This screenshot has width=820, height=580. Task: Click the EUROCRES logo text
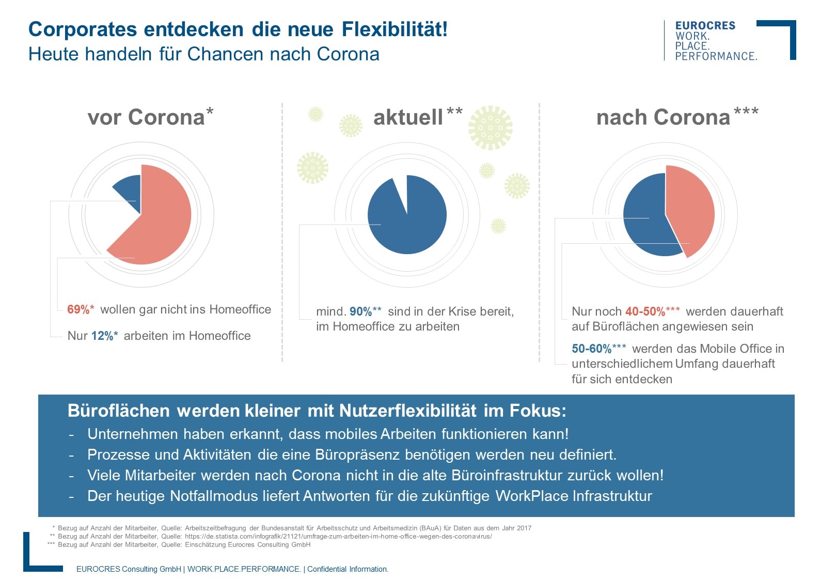pyautogui.click(x=705, y=26)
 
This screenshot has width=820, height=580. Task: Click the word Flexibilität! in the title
pyautogui.click(x=395, y=29)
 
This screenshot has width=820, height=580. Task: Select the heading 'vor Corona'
pyautogui.click(x=146, y=117)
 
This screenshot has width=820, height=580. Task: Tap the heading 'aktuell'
pyautogui.click(x=408, y=117)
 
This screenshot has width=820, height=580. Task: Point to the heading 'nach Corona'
pyautogui.click(x=663, y=117)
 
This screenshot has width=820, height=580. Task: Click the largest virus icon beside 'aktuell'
pyautogui.click(x=490, y=128)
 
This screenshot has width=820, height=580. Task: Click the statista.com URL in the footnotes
pyautogui.click(x=338, y=536)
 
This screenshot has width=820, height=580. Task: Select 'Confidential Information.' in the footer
pyautogui.click(x=348, y=569)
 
